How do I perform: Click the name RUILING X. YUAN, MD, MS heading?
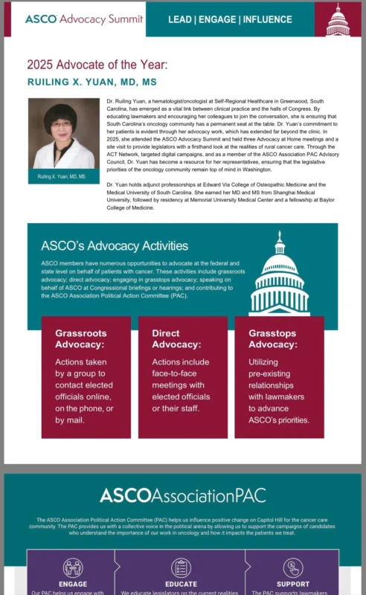pos(96,81)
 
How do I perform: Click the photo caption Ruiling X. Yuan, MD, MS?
pos(62,176)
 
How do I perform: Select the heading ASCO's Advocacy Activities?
pos(115,245)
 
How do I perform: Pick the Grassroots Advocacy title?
pos(80,338)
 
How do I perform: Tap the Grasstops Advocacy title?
pos(273,338)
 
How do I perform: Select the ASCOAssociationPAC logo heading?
pos(182,495)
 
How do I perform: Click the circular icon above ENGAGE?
pos(72,568)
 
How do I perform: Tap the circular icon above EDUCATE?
pos(181,568)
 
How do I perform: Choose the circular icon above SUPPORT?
pos(293,568)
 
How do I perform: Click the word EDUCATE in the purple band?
pos(181,585)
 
